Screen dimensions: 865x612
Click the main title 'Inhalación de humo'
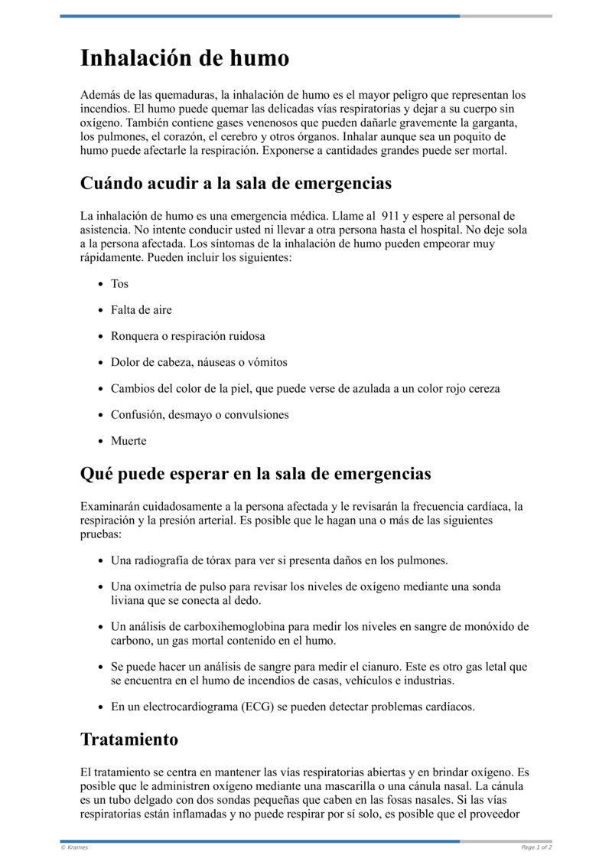pyautogui.click(x=184, y=58)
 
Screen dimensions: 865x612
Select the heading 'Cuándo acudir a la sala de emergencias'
pyautogui.click(x=236, y=184)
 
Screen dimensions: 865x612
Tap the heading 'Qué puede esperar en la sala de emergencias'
pyautogui.click(x=256, y=474)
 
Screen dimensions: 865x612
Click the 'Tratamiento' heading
pyautogui.click(x=129, y=739)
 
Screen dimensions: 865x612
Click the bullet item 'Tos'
pyautogui.click(x=119, y=284)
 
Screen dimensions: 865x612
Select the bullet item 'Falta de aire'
pyautogui.click(x=141, y=310)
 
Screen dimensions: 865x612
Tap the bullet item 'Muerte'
pyautogui.click(x=128, y=441)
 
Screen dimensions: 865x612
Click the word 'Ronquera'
pyautogui.click(x=135, y=336)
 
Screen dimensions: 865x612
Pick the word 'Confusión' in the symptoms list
pyautogui.click(x=135, y=415)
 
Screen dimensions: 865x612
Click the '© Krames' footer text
pyautogui.click(x=74, y=847)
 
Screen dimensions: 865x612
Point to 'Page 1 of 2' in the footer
pyautogui.click(x=536, y=847)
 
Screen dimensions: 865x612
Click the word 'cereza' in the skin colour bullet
pyautogui.click(x=483, y=389)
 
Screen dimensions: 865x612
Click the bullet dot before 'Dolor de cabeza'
pyautogui.click(x=101, y=363)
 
